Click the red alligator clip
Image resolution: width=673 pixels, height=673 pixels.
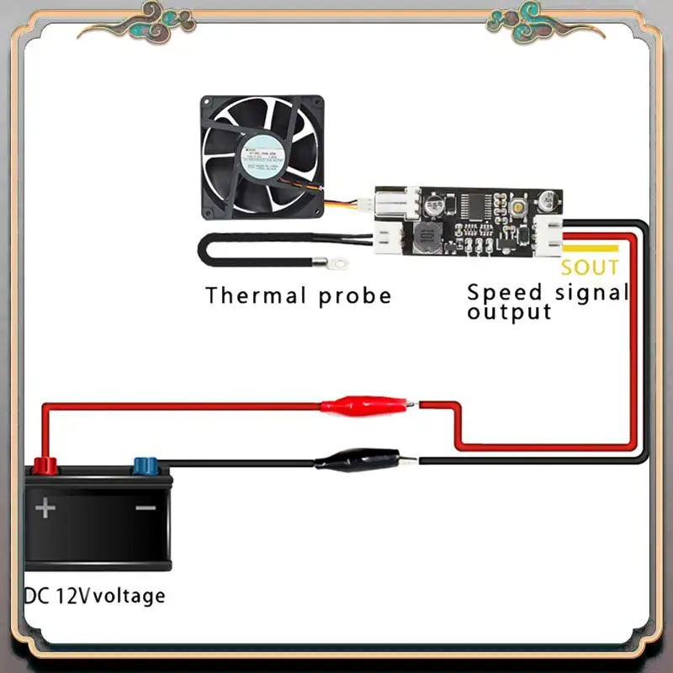pyautogui.click(x=363, y=406)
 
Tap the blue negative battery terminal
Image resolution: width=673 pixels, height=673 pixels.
pyautogui.click(x=145, y=464)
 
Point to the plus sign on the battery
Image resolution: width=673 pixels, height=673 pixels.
pyautogui.click(x=45, y=507)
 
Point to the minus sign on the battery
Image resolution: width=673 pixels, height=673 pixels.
pyautogui.click(x=146, y=508)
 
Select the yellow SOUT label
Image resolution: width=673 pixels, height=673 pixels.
pyautogui.click(x=590, y=268)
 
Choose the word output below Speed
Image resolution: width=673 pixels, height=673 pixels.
pyautogui.click(x=509, y=312)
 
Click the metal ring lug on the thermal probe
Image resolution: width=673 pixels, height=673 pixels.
pyautogui.click(x=339, y=264)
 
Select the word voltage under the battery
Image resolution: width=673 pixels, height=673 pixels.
pyautogui.click(x=130, y=596)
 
